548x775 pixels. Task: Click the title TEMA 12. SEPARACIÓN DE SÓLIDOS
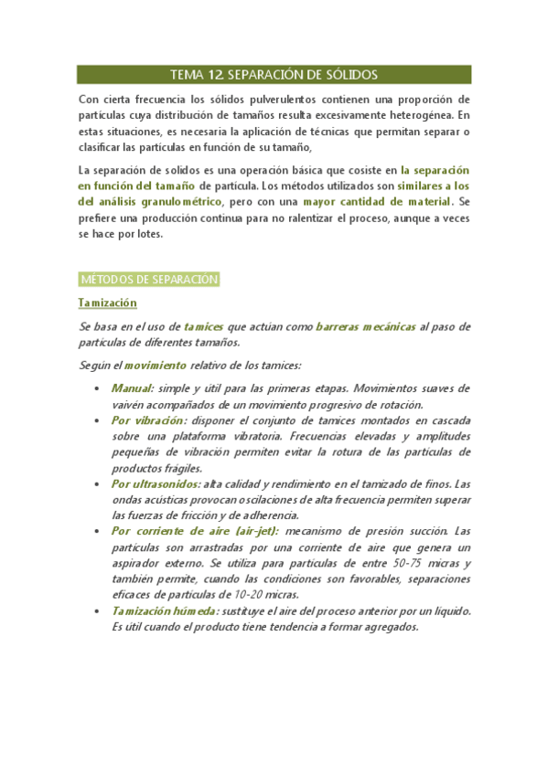pos(274,75)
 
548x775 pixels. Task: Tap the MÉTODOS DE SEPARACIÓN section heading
pos(149,279)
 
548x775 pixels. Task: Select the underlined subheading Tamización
pos(107,303)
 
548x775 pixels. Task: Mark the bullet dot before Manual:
pos(99,388)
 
